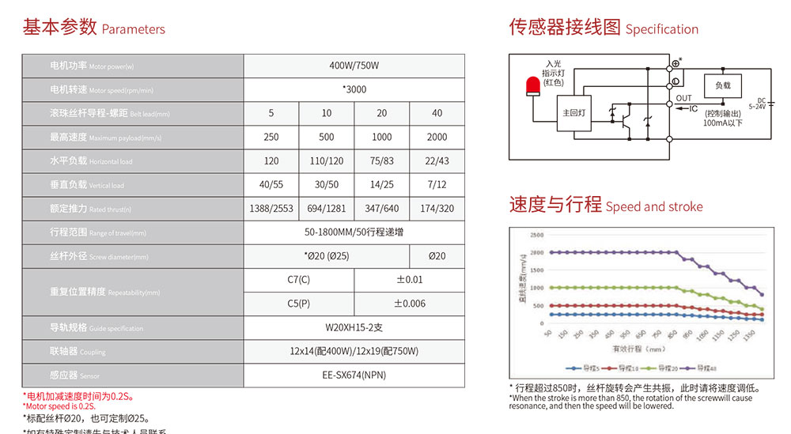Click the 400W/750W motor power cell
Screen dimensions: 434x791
tap(354, 66)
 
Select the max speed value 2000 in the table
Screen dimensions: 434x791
tap(437, 137)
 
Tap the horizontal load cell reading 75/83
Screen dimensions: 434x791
tap(381, 160)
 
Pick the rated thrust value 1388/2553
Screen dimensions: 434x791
tap(271, 208)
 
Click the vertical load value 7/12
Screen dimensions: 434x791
tap(437, 184)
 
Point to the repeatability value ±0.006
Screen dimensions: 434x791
tap(409, 304)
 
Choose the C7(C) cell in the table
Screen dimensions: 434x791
tap(298, 279)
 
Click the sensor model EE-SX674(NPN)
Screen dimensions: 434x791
tap(354, 375)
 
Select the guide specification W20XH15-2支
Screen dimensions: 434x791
tap(354, 327)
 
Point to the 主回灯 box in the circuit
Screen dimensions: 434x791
tap(573, 113)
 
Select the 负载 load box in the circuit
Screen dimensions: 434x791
tap(722, 85)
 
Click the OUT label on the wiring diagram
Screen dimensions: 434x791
tap(684, 99)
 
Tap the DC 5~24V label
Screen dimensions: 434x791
tap(757, 103)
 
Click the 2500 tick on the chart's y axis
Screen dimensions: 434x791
tap(536, 236)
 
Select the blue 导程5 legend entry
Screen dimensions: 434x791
tap(585, 368)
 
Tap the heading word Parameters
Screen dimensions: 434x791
tap(134, 30)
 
